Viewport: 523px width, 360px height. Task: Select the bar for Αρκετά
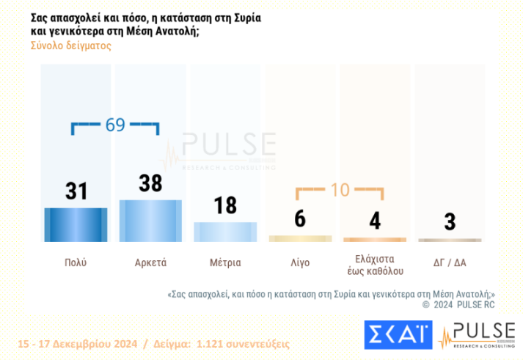(x=150, y=220)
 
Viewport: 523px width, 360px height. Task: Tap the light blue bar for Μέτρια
(x=225, y=232)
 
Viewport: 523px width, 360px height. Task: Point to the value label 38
(x=150, y=183)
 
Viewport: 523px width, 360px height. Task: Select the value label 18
(x=225, y=205)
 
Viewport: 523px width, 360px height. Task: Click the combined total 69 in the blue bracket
(x=115, y=125)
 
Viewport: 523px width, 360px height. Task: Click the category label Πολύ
(x=76, y=262)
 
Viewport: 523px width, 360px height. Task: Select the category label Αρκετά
(x=150, y=262)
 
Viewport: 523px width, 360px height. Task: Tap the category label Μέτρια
(x=225, y=262)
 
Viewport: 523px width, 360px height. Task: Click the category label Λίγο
(x=300, y=262)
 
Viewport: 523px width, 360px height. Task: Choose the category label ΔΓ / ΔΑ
(x=450, y=262)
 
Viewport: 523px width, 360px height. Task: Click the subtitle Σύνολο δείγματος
(x=70, y=45)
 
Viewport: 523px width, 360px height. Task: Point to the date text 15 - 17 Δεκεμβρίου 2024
(x=70, y=343)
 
